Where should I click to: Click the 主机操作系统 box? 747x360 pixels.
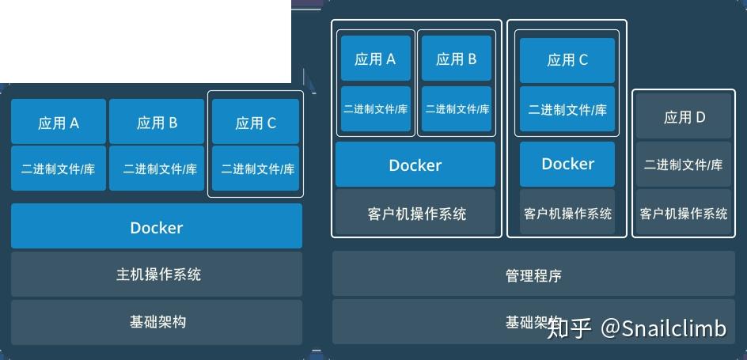157,275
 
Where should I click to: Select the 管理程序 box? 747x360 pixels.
533,276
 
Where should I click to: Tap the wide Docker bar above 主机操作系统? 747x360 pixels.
157,227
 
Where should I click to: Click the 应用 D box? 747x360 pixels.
684,117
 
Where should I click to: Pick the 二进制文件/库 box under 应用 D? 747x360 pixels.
684,165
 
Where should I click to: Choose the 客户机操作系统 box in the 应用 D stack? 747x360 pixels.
684,214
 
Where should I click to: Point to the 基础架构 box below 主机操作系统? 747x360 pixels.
157,321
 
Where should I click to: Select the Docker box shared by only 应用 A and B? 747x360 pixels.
415,165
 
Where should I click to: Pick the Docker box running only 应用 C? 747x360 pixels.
567,164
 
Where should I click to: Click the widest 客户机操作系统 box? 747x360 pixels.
415,214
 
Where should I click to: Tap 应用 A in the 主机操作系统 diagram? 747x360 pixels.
59,122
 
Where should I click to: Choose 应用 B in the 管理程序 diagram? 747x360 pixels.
456,59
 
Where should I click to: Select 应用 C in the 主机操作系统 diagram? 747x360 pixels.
255,122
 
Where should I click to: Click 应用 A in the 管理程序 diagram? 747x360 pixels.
375,59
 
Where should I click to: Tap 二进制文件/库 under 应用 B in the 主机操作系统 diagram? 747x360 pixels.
157,168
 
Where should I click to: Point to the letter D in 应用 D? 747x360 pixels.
700,117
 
